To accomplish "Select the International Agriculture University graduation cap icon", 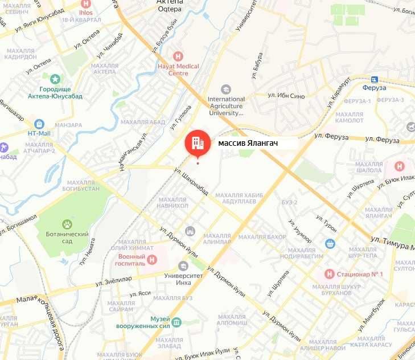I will click(x=226, y=89).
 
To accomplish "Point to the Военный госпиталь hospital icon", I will click(x=151, y=260).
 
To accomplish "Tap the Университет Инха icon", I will click(x=183, y=266).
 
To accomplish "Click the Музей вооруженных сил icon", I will click(x=176, y=322).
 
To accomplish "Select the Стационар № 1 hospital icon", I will click(x=328, y=274).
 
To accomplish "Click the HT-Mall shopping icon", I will click(x=39, y=124).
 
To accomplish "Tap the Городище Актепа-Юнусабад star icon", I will click(x=55, y=79).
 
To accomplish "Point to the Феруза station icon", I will click(x=374, y=79).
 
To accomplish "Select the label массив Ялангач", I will click(x=248, y=144).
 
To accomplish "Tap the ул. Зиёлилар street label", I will click(x=113, y=280).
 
